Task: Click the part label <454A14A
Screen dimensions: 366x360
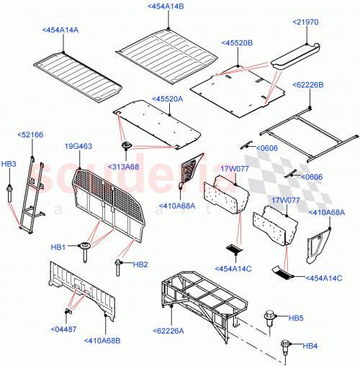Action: [x=60, y=30]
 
